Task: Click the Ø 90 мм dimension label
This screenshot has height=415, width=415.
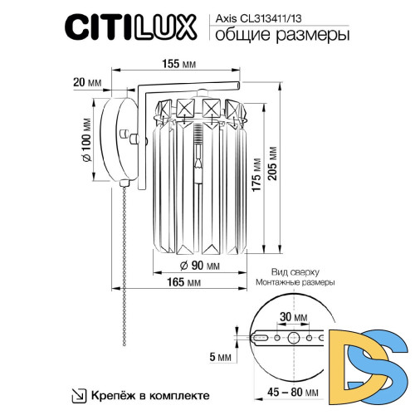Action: (x=200, y=266)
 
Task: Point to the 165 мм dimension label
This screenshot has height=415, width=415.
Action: (x=188, y=284)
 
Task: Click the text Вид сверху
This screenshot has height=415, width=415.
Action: (x=291, y=271)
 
